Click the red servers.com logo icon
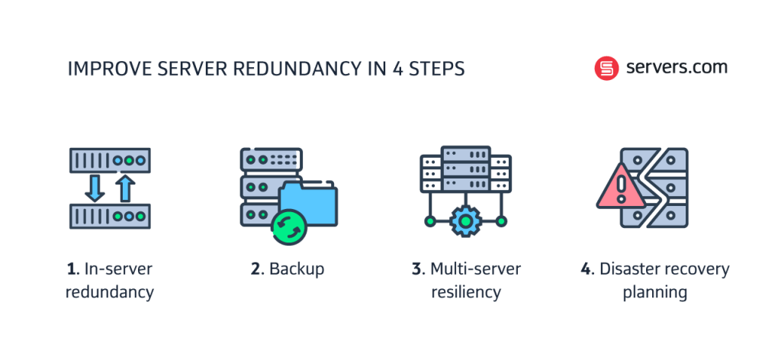click(606, 69)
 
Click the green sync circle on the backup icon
click(288, 228)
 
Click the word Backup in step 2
click(296, 269)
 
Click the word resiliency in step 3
click(466, 292)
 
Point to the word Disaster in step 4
click(625, 269)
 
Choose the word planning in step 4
click(654, 292)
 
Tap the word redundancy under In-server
click(110, 292)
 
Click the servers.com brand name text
click(677, 67)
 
